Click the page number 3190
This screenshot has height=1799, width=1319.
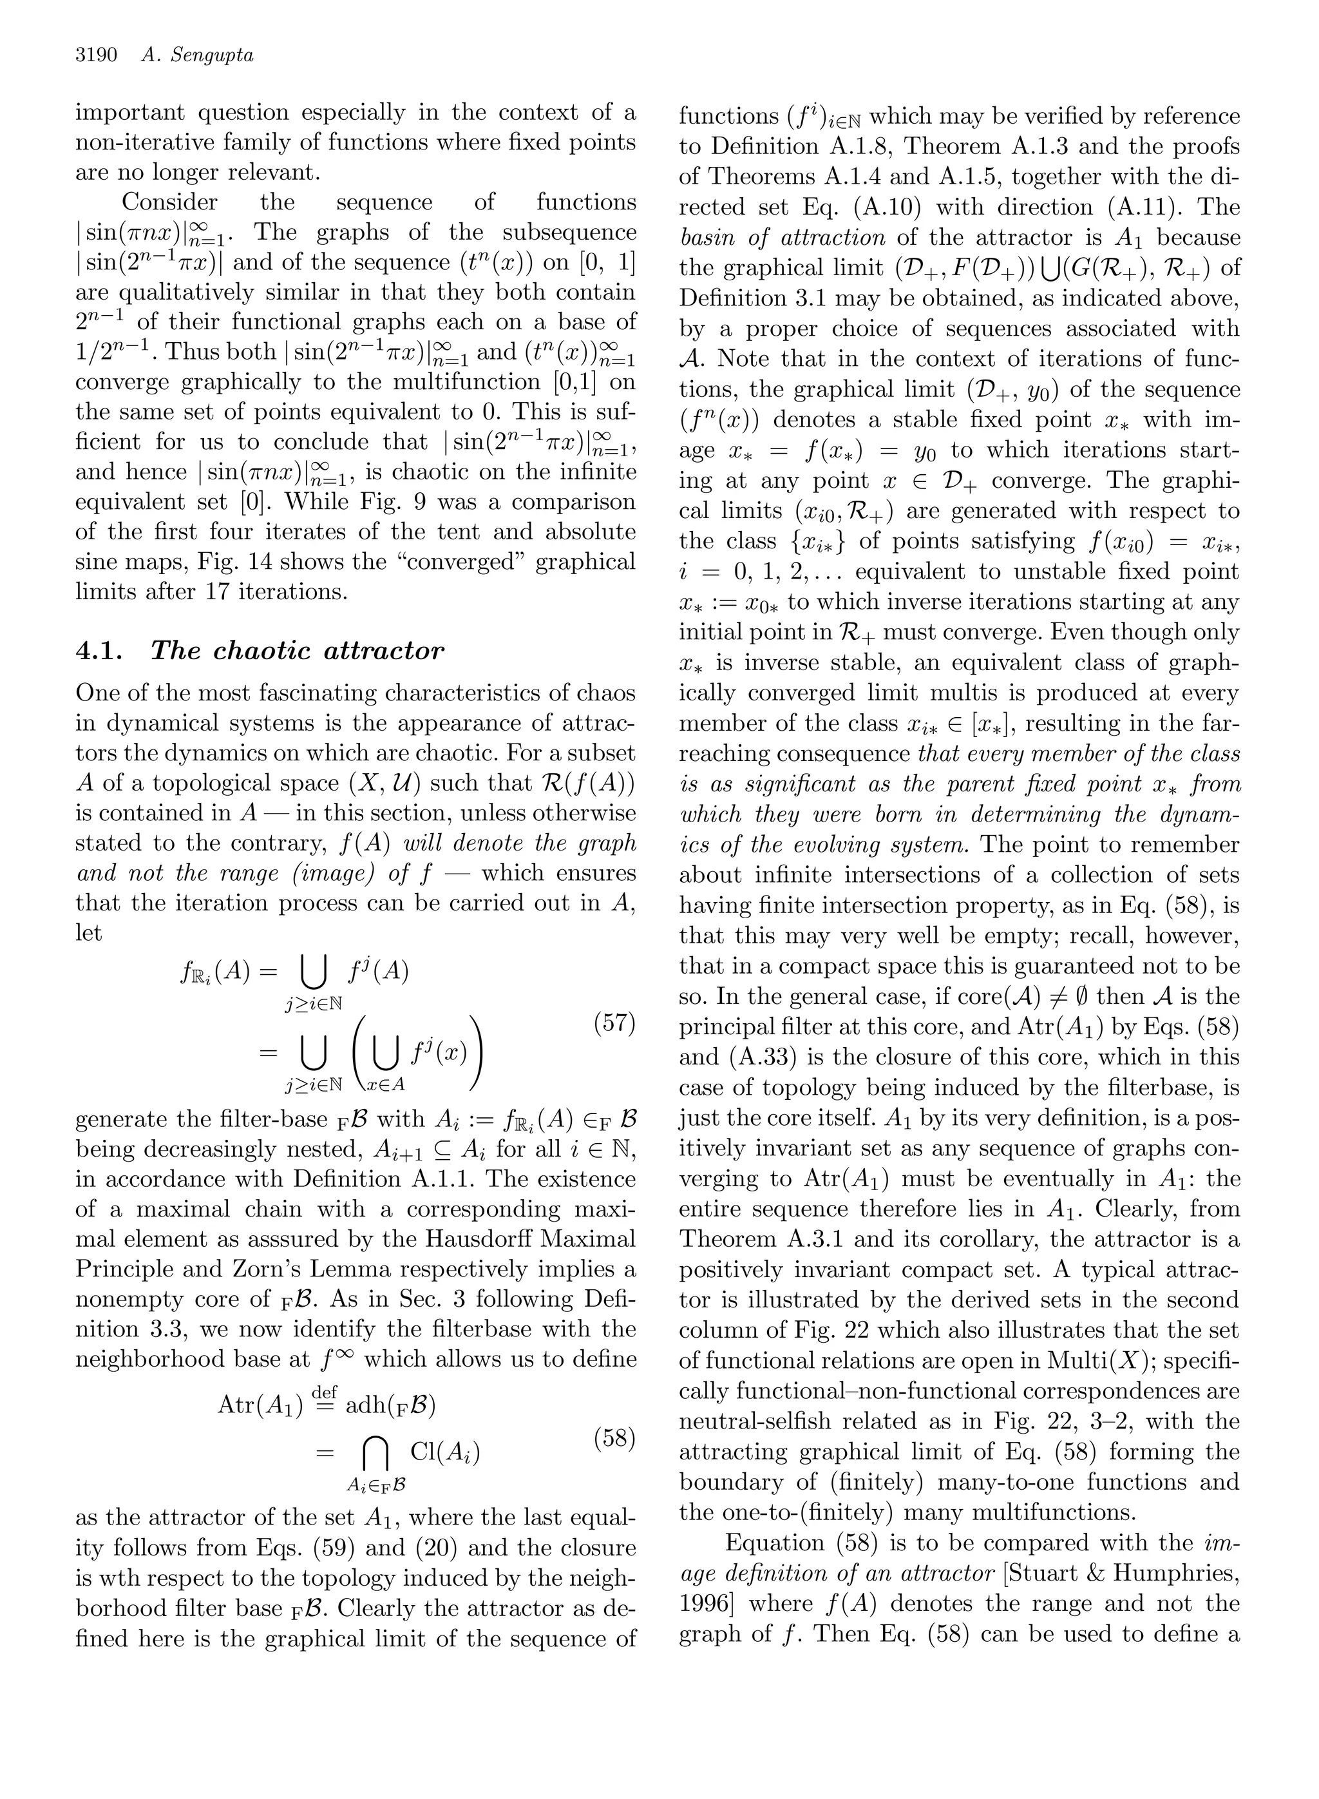[x=96, y=55]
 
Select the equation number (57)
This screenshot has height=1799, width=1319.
[x=615, y=1023]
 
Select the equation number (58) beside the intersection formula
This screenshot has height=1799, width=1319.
[x=615, y=1439]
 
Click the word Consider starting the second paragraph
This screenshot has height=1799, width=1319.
[x=169, y=202]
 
